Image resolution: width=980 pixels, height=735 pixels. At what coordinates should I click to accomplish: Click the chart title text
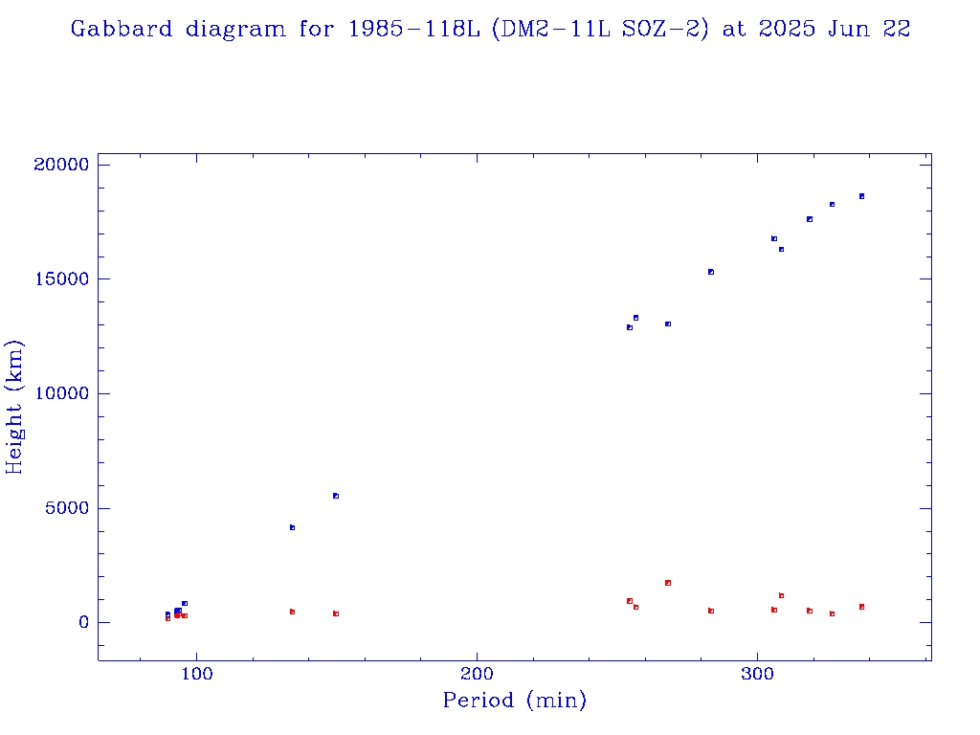490,30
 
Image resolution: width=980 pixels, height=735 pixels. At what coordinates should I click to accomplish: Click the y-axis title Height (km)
14,407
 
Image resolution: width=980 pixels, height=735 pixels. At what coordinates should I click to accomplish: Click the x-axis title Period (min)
514,701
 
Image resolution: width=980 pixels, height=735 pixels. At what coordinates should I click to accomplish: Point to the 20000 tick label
60,165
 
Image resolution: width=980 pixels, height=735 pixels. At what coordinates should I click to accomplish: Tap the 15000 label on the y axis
60,279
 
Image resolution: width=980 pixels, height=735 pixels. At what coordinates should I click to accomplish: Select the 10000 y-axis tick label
60,393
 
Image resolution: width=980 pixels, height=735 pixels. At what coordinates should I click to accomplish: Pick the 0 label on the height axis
82,623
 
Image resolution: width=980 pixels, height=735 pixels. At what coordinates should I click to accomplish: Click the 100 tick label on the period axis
196,674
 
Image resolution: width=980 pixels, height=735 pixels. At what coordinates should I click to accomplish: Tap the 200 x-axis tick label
477,674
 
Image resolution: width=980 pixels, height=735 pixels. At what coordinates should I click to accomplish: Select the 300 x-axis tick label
757,674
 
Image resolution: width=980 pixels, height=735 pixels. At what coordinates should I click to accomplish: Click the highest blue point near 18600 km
861,196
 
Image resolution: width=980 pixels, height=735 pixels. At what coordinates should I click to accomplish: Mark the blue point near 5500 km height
336,496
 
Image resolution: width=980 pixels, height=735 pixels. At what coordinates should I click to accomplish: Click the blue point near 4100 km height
292,527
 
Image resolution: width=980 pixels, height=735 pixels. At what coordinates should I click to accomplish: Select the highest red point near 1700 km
668,583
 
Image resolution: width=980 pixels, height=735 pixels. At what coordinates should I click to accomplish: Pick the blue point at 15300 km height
711,272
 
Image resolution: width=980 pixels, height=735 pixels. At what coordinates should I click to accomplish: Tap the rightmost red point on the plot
861,607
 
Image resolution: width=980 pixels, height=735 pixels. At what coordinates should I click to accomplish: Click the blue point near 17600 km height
810,219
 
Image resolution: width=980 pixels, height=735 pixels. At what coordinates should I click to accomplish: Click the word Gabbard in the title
107,30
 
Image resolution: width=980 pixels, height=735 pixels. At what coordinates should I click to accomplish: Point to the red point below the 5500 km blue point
336,613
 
